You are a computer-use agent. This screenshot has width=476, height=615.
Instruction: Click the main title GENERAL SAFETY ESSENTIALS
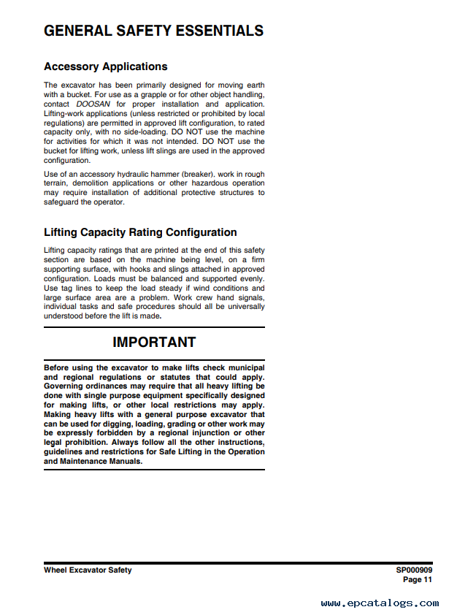pyautogui.click(x=153, y=31)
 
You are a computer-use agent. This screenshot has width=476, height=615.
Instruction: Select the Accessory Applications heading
pyautogui.click(x=105, y=66)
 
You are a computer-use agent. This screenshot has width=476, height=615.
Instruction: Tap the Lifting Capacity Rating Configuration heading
pyautogui.click(x=140, y=232)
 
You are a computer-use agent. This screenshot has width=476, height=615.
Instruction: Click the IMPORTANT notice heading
pyautogui.click(x=154, y=342)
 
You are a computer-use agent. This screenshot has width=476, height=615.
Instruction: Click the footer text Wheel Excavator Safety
pyautogui.click(x=88, y=570)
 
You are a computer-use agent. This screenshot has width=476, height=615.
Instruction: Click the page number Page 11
pyautogui.click(x=417, y=579)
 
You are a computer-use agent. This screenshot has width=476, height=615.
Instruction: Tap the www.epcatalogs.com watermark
pyautogui.click(x=380, y=603)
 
